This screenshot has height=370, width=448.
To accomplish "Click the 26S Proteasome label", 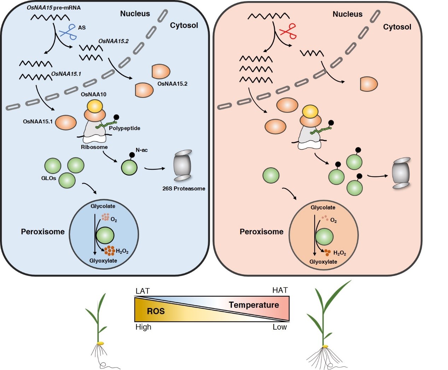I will coord(184,189).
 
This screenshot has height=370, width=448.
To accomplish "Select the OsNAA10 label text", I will coord(93,94).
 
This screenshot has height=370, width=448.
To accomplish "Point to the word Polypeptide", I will coord(124,128).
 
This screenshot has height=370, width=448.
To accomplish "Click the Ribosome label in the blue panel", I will coord(94,147).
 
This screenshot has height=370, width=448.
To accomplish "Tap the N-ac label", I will coord(141,150).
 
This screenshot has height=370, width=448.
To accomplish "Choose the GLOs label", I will coord(48,178).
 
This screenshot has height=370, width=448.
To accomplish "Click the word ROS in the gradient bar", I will coord(156,311).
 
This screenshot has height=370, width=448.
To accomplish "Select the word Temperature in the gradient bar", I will coord(254,305).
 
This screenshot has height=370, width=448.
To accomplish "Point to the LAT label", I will coord(142,291).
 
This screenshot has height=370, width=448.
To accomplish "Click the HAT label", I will coord(280,290).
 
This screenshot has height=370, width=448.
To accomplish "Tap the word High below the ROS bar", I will coord(143,327).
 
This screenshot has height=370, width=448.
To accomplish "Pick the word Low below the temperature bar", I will coord(279,327).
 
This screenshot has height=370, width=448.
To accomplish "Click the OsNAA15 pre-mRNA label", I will coord(53,7).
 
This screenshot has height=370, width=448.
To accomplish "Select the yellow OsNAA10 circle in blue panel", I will coord(95,106).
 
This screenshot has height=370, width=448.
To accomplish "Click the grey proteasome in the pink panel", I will coord(401,173).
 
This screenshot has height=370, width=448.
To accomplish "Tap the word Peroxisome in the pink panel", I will coord(261,232).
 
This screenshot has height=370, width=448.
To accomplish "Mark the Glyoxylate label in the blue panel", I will coord(103,260).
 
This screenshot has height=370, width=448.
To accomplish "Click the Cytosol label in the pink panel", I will coord(397,27).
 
